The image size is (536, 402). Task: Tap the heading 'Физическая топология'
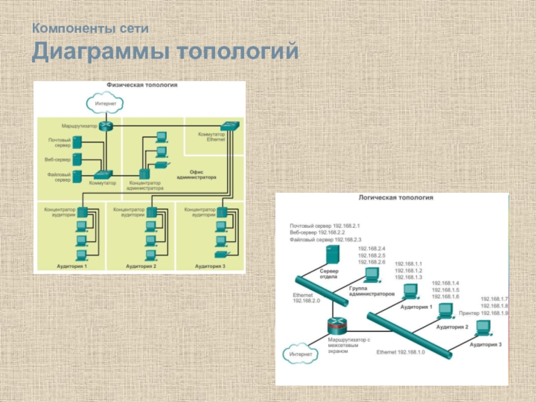[142, 86]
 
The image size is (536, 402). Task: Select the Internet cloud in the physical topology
[105, 104]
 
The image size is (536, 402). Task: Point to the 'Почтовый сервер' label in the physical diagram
[59, 143]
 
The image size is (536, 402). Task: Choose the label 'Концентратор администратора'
[145, 186]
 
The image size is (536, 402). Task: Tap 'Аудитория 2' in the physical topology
[141, 267]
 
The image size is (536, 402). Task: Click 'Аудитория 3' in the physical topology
[210, 267]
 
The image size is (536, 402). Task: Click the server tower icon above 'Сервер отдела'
[330, 255]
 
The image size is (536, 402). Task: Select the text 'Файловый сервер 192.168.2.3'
[325, 239]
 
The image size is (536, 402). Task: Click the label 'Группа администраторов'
[371, 290]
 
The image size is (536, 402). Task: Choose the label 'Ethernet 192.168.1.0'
[401, 352]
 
